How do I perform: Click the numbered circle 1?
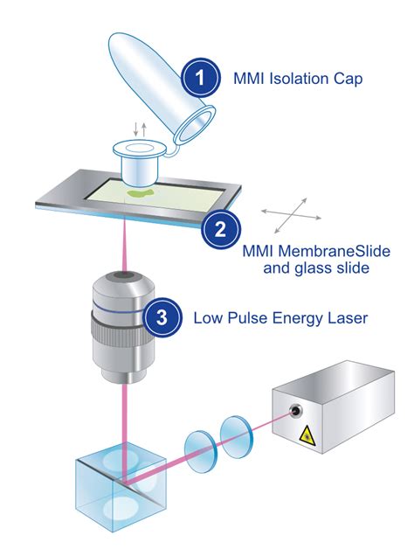click(x=200, y=78)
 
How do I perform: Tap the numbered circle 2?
click(x=221, y=229)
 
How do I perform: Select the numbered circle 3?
click(x=162, y=317)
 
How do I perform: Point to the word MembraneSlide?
click(x=334, y=251)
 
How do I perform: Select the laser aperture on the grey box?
click(x=295, y=412)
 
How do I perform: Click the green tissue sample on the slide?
click(x=141, y=193)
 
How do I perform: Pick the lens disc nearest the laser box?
click(x=236, y=437)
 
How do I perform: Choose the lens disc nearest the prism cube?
click(x=201, y=451)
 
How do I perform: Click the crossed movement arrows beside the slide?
click(x=291, y=215)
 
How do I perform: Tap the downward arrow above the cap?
click(x=136, y=129)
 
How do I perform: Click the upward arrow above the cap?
click(x=144, y=129)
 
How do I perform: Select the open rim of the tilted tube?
click(x=195, y=125)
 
